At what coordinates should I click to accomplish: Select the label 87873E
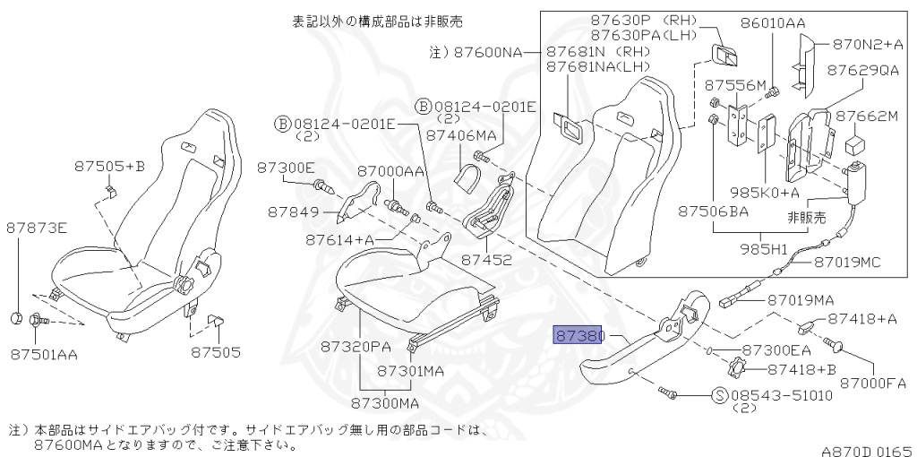point(38,228)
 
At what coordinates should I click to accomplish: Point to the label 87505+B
point(109,165)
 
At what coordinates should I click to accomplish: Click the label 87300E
point(286,168)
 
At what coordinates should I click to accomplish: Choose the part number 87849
point(293,211)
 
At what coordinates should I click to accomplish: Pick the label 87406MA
point(460,135)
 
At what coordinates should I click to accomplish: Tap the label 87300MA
point(384,402)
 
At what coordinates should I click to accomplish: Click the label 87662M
point(866,116)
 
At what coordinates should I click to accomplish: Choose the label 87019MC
point(847,262)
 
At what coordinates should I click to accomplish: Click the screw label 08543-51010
point(780,394)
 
